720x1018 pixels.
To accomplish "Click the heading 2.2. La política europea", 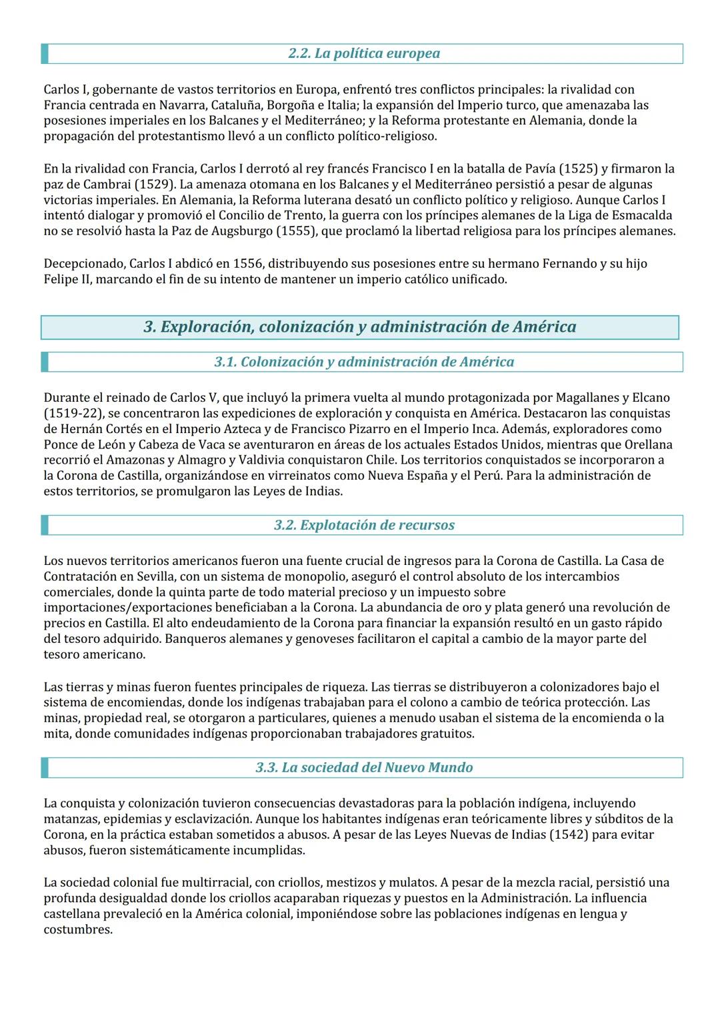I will [x=364, y=53].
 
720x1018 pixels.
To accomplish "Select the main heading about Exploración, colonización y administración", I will [x=360, y=326].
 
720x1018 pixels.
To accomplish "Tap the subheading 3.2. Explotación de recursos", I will [x=364, y=525].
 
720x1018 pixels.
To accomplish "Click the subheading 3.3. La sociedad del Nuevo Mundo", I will [x=364, y=767].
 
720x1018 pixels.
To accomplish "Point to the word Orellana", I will [x=649, y=444].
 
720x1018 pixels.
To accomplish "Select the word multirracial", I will [x=215, y=883].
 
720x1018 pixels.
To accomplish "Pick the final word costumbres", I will [x=77, y=929].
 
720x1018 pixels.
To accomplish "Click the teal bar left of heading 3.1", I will [x=45, y=362].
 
